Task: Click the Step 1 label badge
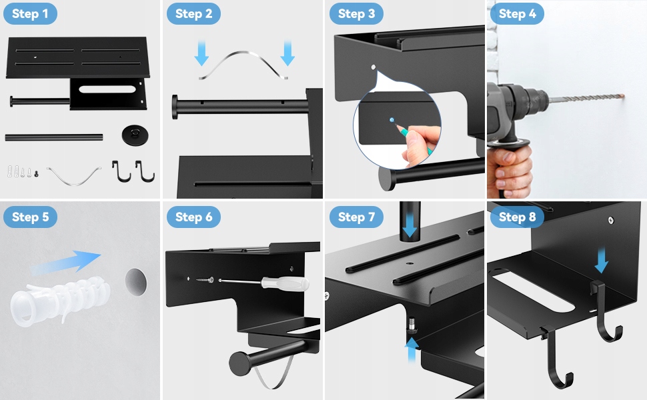click(30, 13)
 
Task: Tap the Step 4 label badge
click(517, 13)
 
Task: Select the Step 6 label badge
click(193, 217)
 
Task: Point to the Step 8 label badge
click(517, 217)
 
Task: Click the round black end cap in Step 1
click(135, 135)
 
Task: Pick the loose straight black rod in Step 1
click(53, 137)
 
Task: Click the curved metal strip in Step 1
click(74, 176)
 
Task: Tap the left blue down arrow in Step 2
click(201, 53)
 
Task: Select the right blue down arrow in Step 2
click(287, 53)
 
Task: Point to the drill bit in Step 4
click(586, 99)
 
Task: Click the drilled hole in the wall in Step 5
click(136, 281)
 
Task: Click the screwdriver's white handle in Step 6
click(285, 283)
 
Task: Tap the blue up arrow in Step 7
click(412, 350)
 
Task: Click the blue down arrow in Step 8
click(602, 260)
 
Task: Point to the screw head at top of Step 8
click(611, 221)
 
